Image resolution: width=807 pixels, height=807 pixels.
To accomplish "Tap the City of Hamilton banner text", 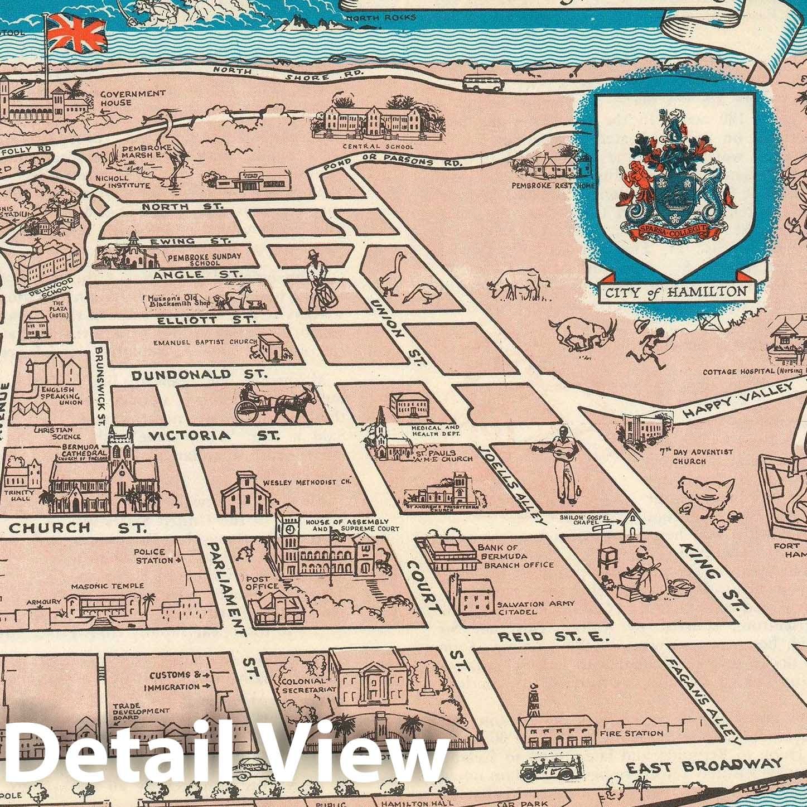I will [674, 291].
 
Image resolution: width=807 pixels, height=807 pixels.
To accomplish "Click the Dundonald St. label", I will [200, 374].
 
